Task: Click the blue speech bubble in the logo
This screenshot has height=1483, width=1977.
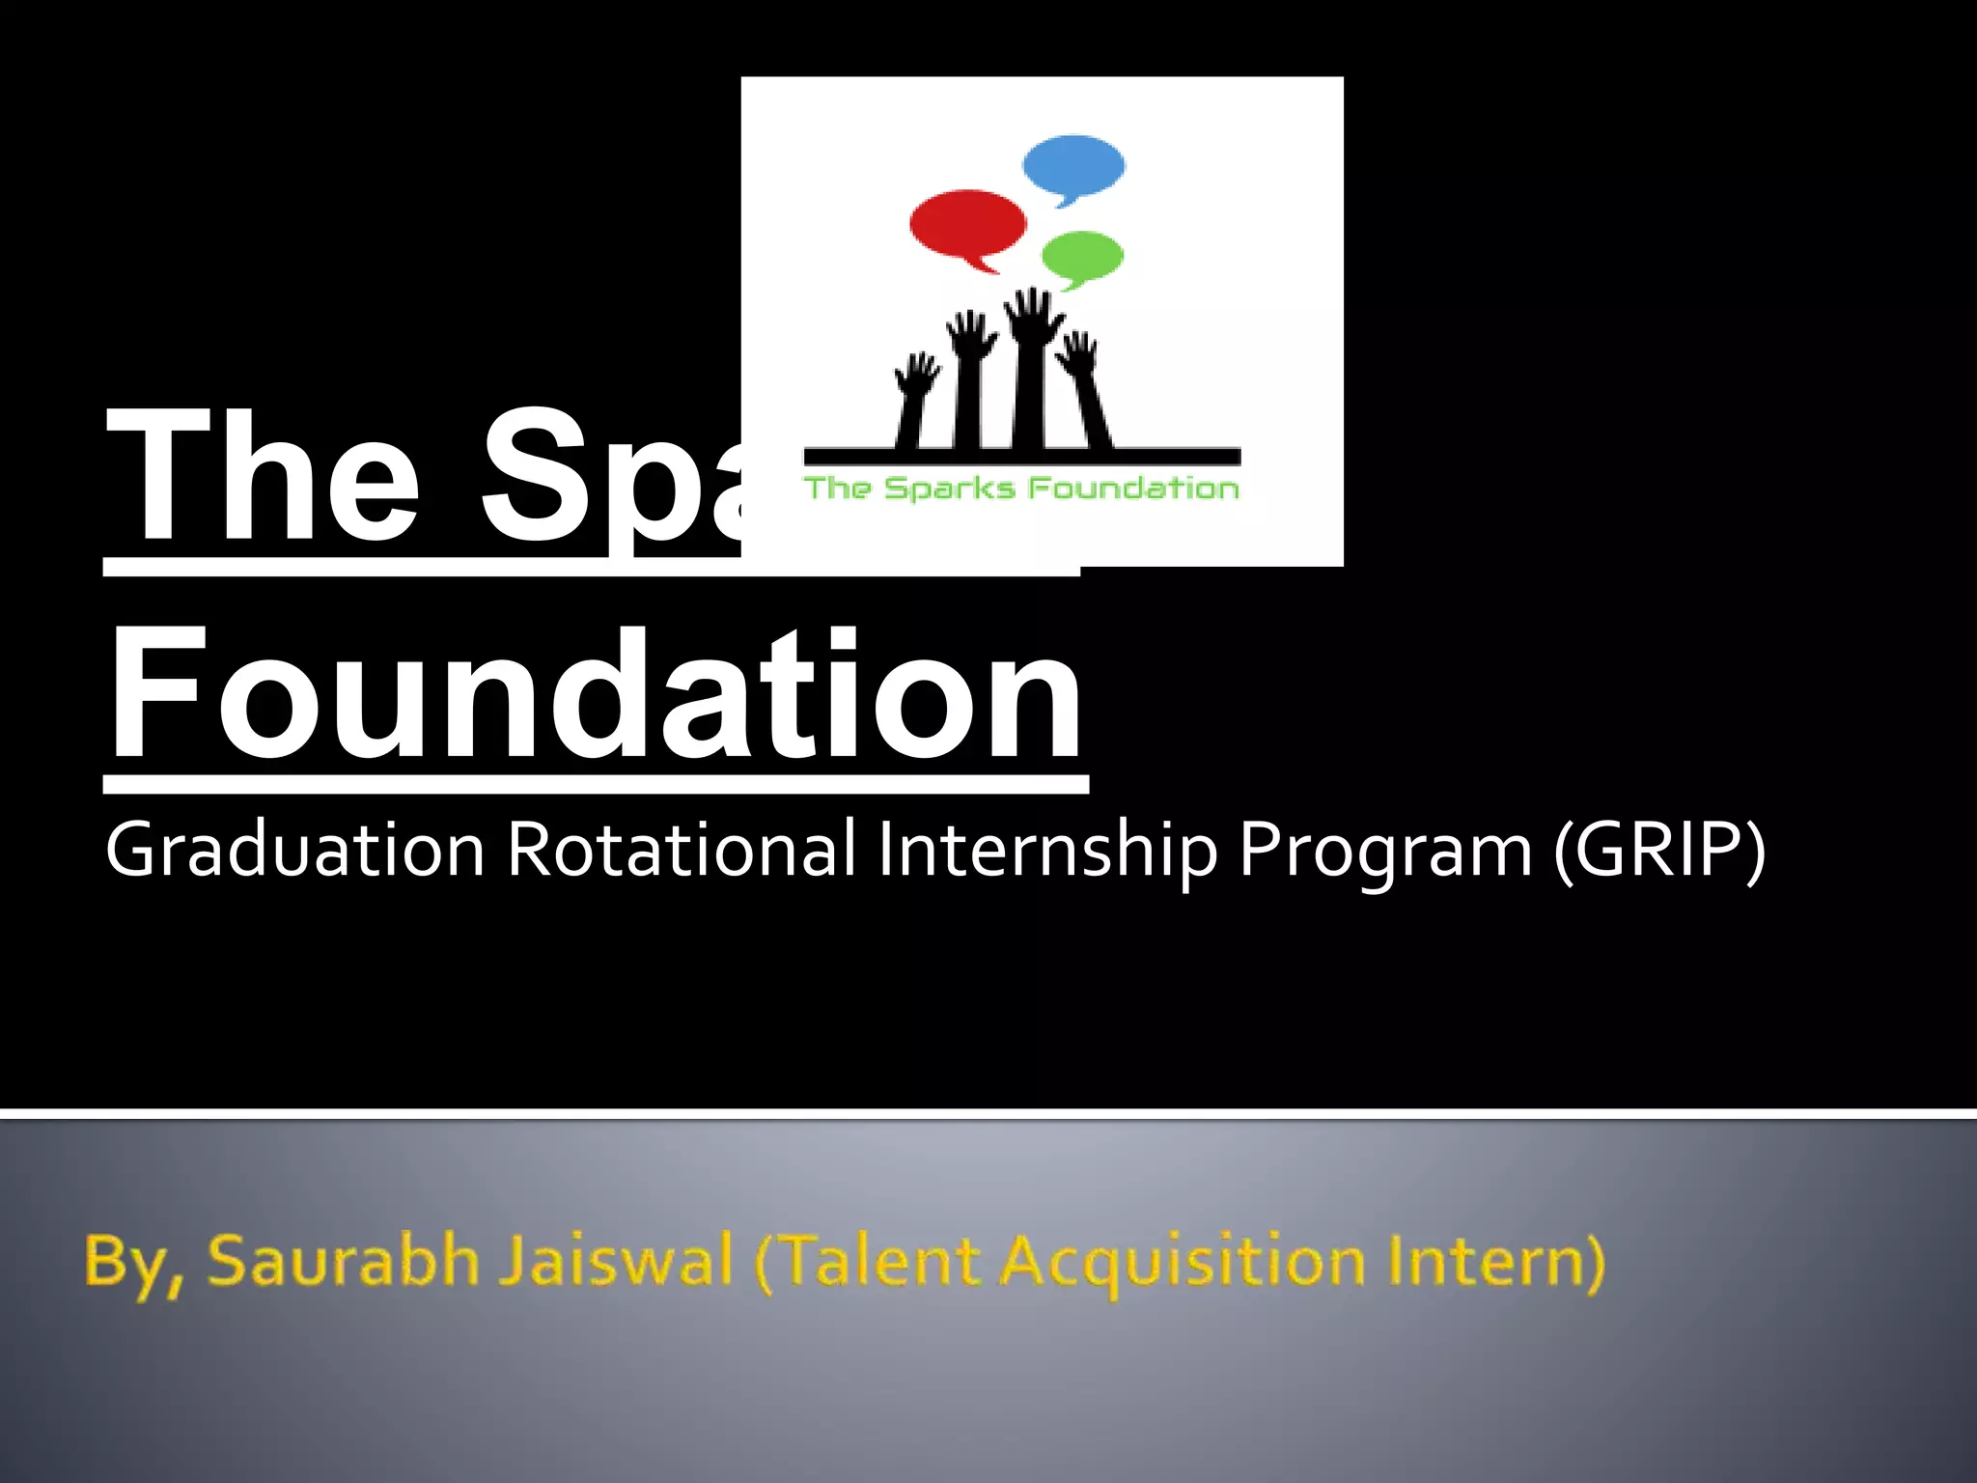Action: tap(1073, 168)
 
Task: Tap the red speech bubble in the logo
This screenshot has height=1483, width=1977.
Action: tap(967, 225)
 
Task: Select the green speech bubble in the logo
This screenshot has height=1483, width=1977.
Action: tap(1083, 256)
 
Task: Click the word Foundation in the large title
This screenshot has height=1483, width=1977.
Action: tap(596, 694)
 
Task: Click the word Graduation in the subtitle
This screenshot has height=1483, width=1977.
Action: tap(295, 851)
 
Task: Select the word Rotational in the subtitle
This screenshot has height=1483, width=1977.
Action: tap(682, 851)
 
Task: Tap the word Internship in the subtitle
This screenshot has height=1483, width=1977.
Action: tap(1047, 851)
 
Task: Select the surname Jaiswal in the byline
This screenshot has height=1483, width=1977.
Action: tap(617, 1261)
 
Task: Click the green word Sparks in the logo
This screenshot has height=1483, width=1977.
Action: tap(950, 489)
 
